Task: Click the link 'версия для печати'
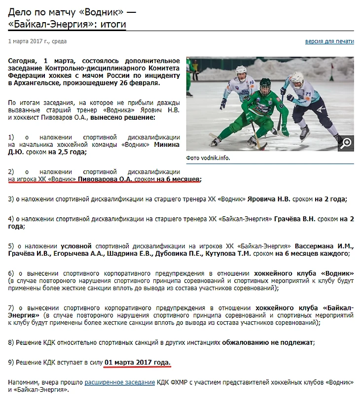click(x=329, y=41)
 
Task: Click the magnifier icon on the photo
click(x=346, y=143)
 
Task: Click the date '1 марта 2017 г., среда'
click(x=37, y=41)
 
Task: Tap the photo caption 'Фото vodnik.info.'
click(x=208, y=158)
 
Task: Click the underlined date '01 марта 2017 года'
click(x=138, y=363)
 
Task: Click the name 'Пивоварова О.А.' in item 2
click(x=106, y=179)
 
